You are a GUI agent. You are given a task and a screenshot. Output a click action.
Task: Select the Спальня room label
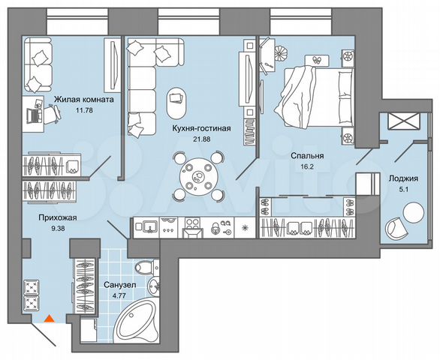click(x=306, y=156)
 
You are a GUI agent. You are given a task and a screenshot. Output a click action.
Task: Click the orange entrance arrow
click(x=49, y=318)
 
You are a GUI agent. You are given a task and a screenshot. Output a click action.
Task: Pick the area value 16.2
click(x=307, y=170)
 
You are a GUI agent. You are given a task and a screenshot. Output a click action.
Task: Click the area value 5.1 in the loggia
click(x=404, y=190)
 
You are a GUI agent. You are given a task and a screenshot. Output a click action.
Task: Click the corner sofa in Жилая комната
click(x=41, y=64)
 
